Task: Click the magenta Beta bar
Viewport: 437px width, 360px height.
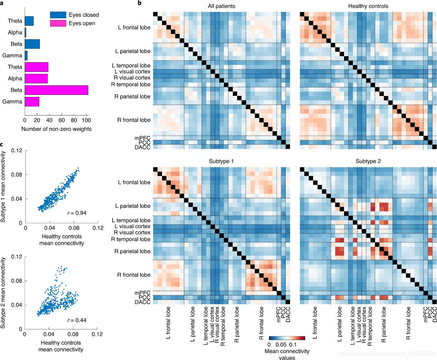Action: (x=56, y=90)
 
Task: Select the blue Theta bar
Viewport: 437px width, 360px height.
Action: (x=29, y=21)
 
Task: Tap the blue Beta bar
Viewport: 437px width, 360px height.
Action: (x=32, y=44)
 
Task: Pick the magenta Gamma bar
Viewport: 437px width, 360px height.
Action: (x=32, y=102)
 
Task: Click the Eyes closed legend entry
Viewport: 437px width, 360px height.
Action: (x=74, y=15)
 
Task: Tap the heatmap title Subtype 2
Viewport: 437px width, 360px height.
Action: (x=368, y=161)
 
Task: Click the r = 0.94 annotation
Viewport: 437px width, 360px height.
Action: (x=77, y=213)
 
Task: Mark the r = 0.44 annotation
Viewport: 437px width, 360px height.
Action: (x=77, y=320)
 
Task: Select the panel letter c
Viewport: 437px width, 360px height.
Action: (x=2, y=144)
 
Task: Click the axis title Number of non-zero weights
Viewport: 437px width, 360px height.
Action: (x=57, y=129)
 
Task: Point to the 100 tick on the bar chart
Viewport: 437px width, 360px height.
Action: (x=86, y=121)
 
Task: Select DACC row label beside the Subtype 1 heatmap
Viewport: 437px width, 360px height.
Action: (x=142, y=302)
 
